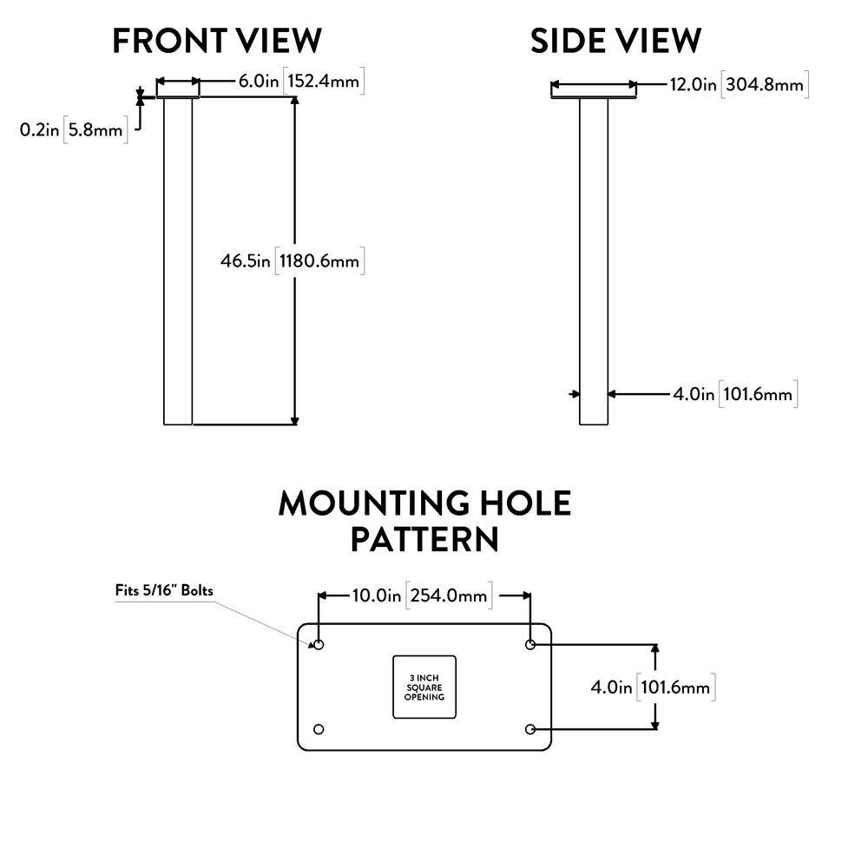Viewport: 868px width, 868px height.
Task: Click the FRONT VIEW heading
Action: (217, 41)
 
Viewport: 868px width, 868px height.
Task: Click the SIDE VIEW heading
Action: (615, 41)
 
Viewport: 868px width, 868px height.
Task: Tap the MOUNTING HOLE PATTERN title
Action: (424, 521)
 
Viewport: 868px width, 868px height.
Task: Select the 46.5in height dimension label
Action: (246, 260)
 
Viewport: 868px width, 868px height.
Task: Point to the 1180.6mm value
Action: (320, 260)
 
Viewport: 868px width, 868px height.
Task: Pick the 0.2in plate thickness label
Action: (39, 130)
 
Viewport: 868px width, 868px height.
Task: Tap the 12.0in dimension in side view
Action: (693, 84)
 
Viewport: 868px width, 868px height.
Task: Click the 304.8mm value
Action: (765, 84)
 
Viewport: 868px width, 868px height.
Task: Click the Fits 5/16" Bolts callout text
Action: (164, 590)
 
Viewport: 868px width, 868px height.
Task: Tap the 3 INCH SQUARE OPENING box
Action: (424, 687)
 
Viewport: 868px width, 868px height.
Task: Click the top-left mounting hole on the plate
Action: (319, 645)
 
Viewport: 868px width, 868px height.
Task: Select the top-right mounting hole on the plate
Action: (531, 645)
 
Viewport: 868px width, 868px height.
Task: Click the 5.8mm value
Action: (96, 130)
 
